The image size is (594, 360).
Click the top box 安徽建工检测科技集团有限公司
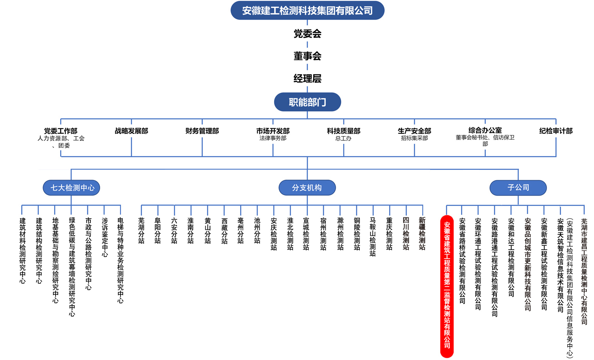click(x=307, y=10)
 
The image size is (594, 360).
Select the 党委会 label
click(x=307, y=34)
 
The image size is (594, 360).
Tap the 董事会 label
click(x=307, y=56)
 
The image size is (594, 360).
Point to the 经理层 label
click(x=307, y=79)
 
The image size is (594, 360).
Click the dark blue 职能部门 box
click(x=307, y=102)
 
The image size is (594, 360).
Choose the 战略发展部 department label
click(x=131, y=131)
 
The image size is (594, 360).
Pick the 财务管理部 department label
click(x=202, y=131)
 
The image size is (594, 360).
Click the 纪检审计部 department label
click(x=556, y=131)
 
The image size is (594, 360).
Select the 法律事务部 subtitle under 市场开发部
click(x=273, y=138)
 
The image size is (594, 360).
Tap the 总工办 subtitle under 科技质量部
click(x=343, y=138)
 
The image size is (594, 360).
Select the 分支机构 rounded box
click(x=307, y=188)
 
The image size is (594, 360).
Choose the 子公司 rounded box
click(x=518, y=188)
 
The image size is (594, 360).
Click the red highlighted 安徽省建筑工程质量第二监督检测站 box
click(x=447, y=285)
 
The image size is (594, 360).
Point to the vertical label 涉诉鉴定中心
click(x=104, y=238)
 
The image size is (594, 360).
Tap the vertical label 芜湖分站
click(x=141, y=231)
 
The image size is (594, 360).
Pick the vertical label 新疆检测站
click(x=422, y=234)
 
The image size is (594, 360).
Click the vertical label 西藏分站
click(x=224, y=231)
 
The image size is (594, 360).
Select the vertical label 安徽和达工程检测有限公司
click(x=511, y=257)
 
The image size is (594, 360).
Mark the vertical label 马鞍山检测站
click(x=373, y=237)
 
